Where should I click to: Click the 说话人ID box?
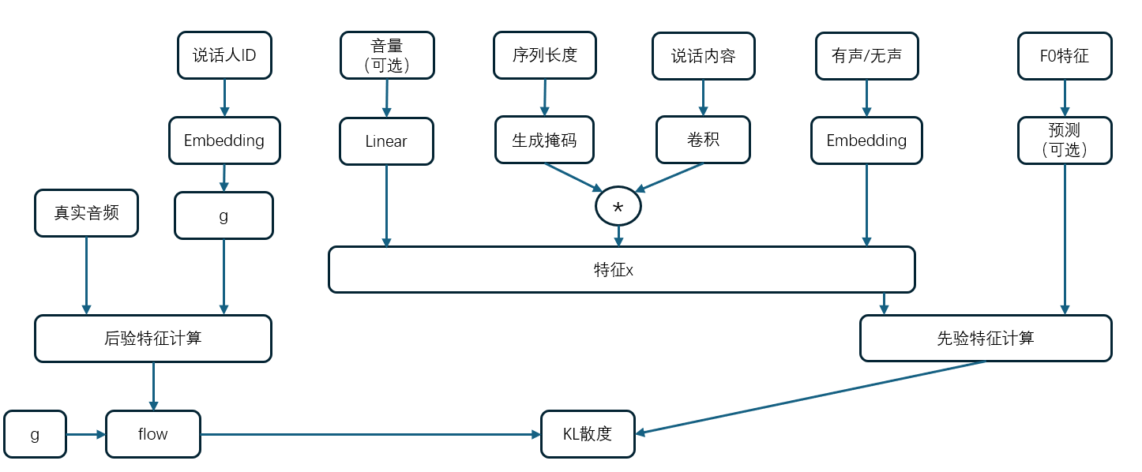pyautogui.click(x=224, y=55)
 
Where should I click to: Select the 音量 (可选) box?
pyautogui.click(x=387, y=55)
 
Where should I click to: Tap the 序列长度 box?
pyautogui.click(x=544, y=55)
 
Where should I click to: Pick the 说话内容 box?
pyautogui.click(x=703, y=55)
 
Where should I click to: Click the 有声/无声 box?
pyautogui.click(x=866, y=55)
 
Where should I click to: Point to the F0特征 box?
pyautogui.click(x=1065, y=55)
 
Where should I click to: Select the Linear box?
pyautogui.click(x=386, y=141)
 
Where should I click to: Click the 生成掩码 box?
pyautogui.click(x=544, y=140)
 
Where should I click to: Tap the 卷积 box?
pyautogui.click(x=703, y=140)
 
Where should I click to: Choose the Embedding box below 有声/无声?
pyautogui.click(x=866, y=140)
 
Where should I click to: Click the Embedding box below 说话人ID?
pyautogui.click(x=224, y=140)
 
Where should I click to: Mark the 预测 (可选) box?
pyautogui.click(x=1065, y=140)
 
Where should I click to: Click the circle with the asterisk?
pyautogui.click(x=618, y=207)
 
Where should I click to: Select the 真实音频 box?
pyautogui.click(x=86, y=213)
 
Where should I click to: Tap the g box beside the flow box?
pyautogui.click(x=35, y=434)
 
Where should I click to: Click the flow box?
pyautogui.click(x=153, y=434)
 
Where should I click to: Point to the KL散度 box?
pyautogui.click(x=588, y=434)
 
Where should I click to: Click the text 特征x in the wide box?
pyautogui.click(x=614, y=270)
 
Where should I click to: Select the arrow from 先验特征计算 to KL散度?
pyautogui.click(x=813, y=397)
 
